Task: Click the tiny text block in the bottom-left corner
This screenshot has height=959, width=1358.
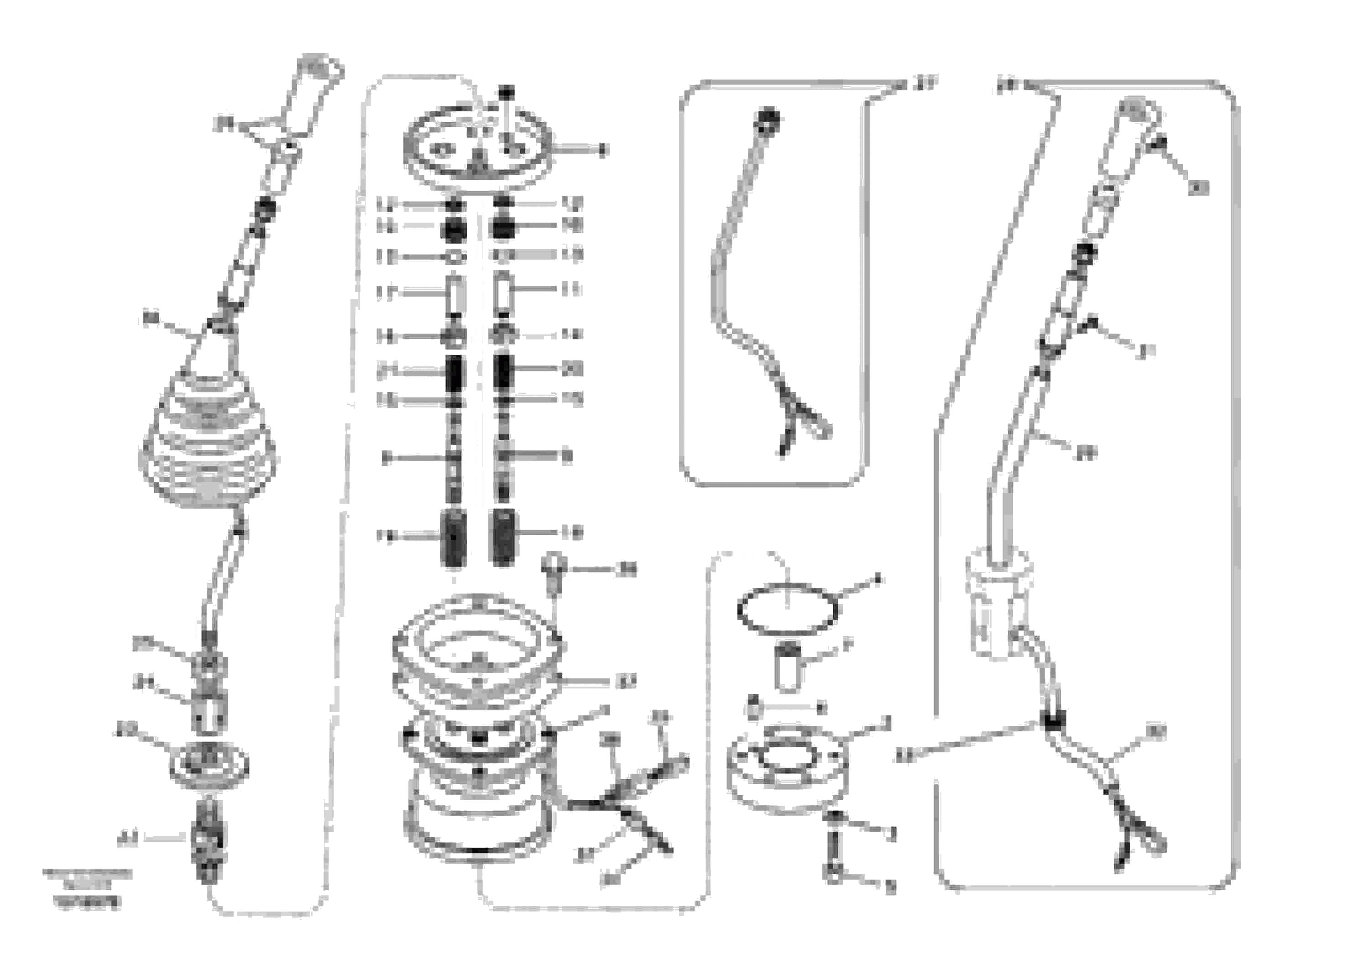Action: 87,887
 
